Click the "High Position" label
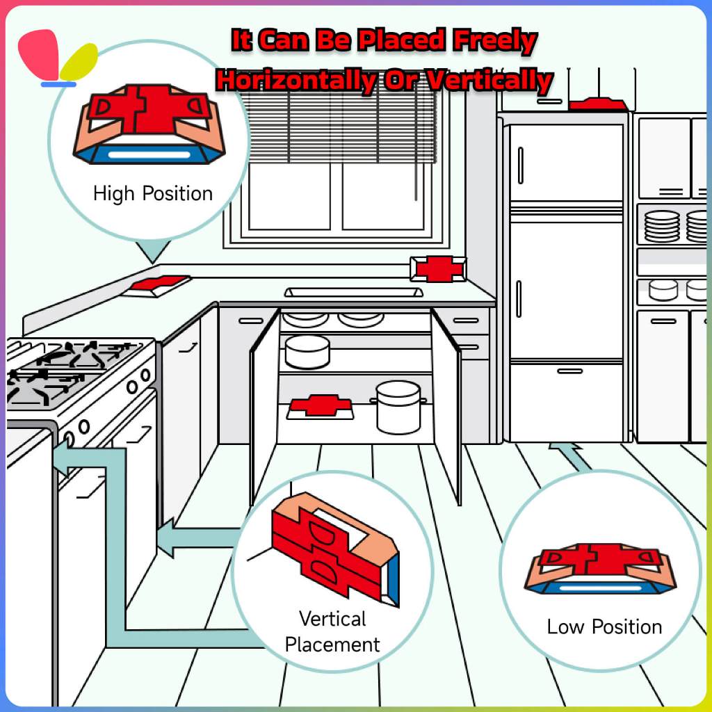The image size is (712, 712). (x=153, y=193)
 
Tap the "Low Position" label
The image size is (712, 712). (x=604, y=626)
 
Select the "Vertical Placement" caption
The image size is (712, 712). (x=332, y=631)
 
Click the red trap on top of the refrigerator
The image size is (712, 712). (x=597, y=104)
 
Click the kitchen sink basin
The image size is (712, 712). (x=353, y=292)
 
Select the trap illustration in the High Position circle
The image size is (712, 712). (x=149, y=124)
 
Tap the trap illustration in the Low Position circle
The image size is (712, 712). (x=599, y=569)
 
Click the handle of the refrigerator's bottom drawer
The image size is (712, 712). (x=569, y=371)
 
